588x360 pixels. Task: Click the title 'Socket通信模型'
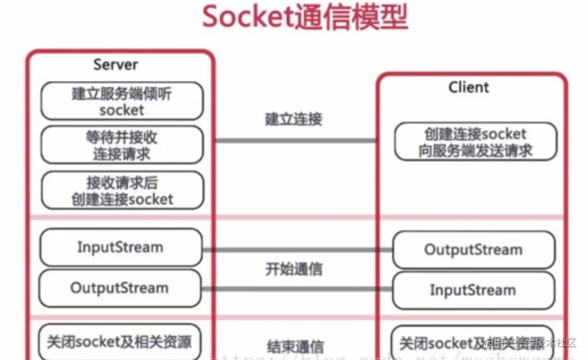tap(305, 17)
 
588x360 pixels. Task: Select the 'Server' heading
tap(116, 64)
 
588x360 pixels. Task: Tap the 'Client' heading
tap(468, 87)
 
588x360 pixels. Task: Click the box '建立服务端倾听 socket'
tap(122, 101)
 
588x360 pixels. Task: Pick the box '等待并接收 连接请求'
tap(122, 145)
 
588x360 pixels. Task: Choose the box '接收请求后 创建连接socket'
tap(122, 190)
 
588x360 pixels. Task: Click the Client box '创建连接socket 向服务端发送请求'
tap(475, 141)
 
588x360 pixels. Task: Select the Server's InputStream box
tap(121, 247)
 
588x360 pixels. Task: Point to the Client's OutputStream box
tap(474, 250)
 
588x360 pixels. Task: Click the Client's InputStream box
tap(474, 290)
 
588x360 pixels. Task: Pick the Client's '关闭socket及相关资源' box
tap(472, 343)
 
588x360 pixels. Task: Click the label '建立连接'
tap(293, 119)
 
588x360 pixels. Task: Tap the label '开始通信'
tap(293, 269)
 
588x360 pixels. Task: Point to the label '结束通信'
tap(295, 347)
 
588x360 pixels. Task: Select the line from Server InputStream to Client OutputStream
tap(297, 250)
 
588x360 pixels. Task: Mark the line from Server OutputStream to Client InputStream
tap(297, 288)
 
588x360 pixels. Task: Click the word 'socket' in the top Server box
tap(122, 109)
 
